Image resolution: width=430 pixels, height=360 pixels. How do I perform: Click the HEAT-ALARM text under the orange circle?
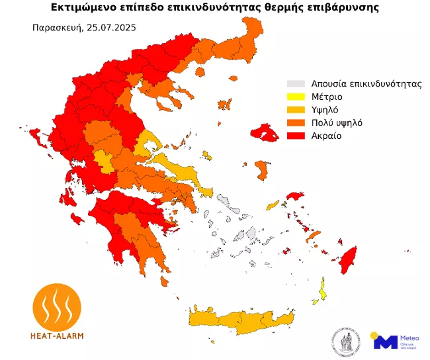tap(58, 335)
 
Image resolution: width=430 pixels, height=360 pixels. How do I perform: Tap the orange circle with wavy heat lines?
tap(58, 305)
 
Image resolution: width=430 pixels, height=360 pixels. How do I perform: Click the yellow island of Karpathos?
tap(323, 289)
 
